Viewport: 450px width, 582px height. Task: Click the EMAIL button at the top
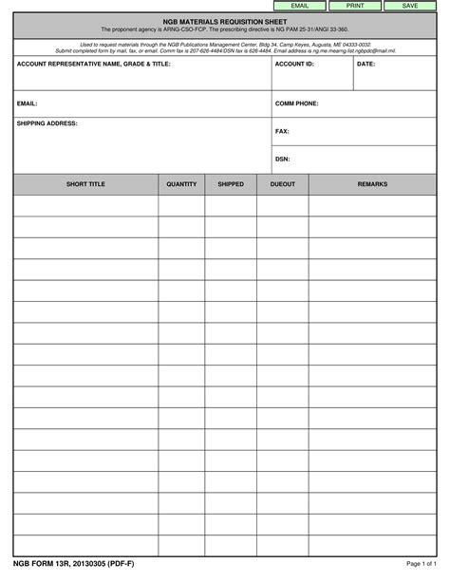299,6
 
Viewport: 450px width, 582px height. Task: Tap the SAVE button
410,6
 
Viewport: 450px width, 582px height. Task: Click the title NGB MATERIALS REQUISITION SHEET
225,21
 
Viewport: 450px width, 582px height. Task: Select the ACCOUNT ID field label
294,64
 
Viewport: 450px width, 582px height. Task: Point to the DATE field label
366,64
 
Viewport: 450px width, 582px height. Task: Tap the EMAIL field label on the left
27,103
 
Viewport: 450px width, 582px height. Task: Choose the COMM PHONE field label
296,103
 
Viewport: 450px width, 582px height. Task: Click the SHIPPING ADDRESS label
47,123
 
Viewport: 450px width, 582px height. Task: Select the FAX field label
282,131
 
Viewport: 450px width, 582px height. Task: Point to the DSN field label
282,159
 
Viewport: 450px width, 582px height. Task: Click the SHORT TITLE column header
85,184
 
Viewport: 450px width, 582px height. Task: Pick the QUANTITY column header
181,184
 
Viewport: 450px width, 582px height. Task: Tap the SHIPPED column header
231,184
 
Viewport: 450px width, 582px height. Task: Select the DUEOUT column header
282,184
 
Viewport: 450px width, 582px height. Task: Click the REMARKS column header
372,184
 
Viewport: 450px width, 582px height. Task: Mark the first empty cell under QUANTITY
181,204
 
